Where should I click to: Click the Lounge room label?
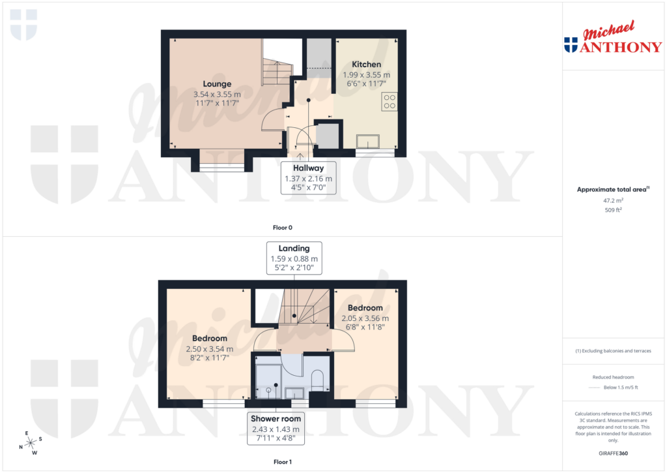point(217,84)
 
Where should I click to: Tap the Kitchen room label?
point(366,65)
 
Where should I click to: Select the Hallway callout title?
point(308,168)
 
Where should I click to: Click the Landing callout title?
point(294,248)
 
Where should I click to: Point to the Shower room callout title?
point(276,418)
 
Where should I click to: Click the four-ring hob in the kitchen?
point(390,102)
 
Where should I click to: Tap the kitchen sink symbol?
point(370,141)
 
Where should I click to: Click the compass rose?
point(30,443)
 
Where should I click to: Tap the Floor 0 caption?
point(282,228)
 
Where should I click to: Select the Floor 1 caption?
point(282,462)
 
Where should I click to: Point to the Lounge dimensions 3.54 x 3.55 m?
point(217,94)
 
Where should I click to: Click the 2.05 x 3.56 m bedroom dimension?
point(365,318)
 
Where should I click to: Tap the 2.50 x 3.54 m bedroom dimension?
point(209,349)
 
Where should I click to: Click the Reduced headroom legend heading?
point(613,378)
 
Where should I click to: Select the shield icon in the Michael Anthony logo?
point(571,45)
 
